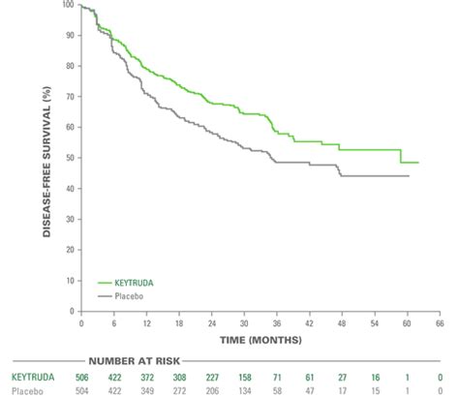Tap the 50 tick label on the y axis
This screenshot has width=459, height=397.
[70, 158]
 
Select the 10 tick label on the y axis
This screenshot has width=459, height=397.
[70, 280]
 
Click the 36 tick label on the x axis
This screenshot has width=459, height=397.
[276, 321]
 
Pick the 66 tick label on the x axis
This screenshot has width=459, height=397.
[439, 321]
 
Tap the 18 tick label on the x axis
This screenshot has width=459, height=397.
[178, 321]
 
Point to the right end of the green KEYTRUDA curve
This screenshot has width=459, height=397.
[417, 162]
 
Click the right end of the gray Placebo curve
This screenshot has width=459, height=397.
[408, 176]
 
